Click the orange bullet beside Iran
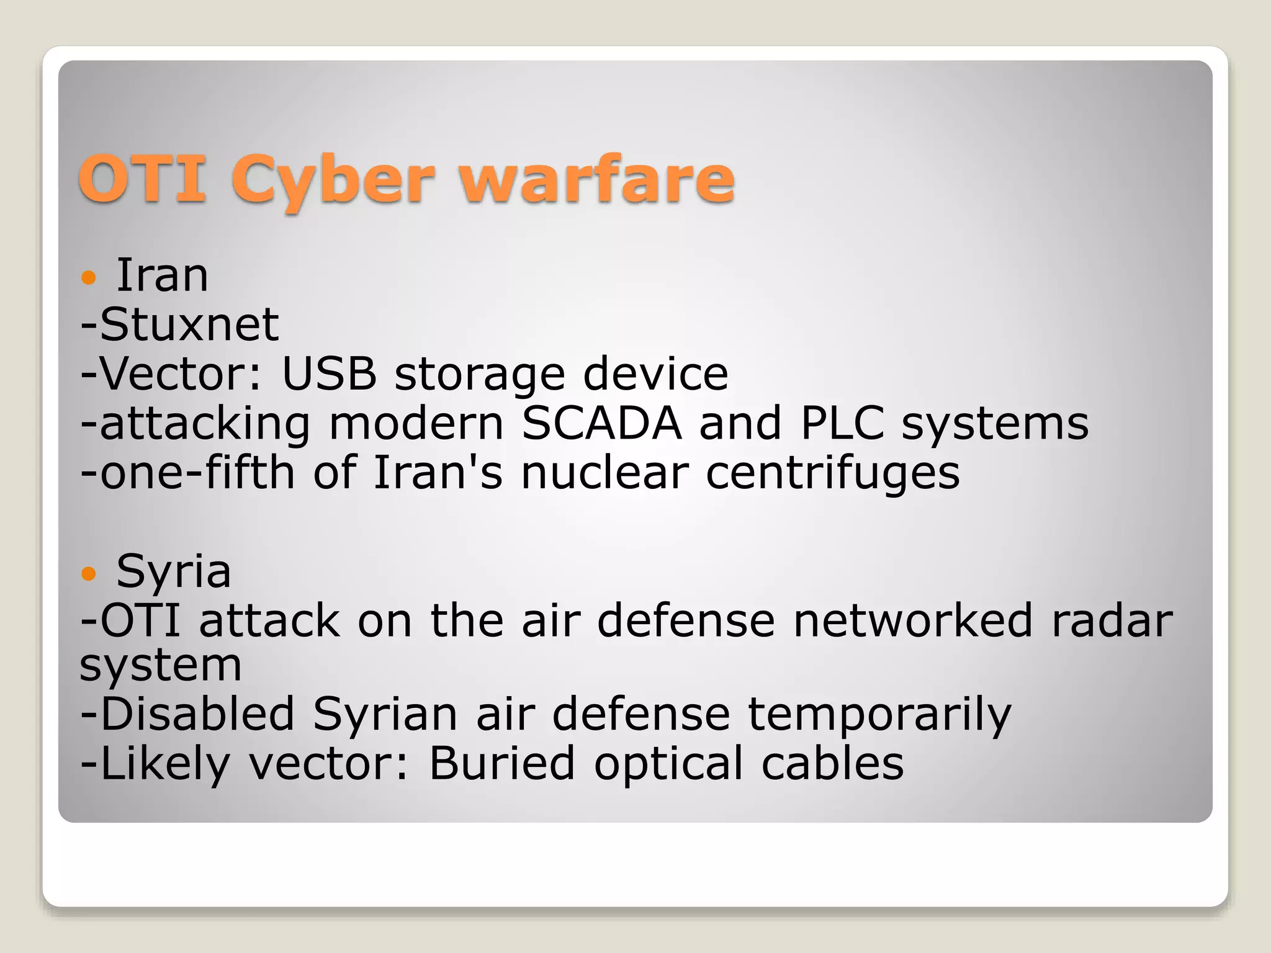coord(89,277)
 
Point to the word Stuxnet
coord(189,324)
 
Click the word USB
coord(329,374)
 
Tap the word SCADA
coord(601,424)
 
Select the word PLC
coord(842,424)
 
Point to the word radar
coord(1112,620)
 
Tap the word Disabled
coord(197,714)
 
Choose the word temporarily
coord(879,715)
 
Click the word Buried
coord(502,763)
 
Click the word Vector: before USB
coord(181,374)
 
